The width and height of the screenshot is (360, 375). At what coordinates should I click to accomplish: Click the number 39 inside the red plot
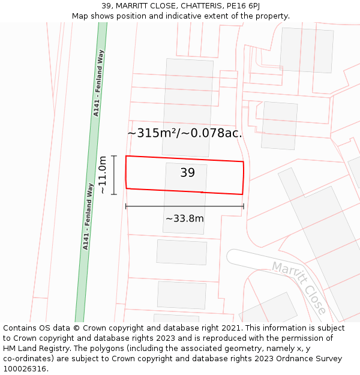187,173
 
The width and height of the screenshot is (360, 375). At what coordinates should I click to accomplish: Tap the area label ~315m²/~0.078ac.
185,133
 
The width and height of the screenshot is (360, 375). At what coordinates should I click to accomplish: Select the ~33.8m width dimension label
185,218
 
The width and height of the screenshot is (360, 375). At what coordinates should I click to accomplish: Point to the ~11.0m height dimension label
103,175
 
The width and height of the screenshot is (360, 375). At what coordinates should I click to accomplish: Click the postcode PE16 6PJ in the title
242,6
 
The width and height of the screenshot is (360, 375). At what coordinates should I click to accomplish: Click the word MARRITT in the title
136,6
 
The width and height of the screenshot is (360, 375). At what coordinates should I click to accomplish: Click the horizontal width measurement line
185,206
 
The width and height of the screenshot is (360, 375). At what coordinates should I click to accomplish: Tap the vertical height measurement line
114,175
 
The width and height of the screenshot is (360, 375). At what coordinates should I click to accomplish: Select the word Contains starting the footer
20,328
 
